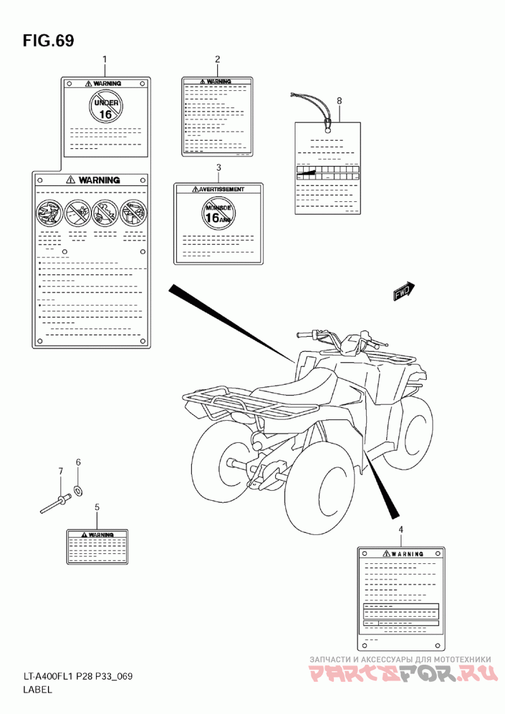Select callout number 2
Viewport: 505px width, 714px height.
click(x=217, y=59)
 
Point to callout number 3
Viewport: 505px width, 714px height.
click(x=218, y=167)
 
